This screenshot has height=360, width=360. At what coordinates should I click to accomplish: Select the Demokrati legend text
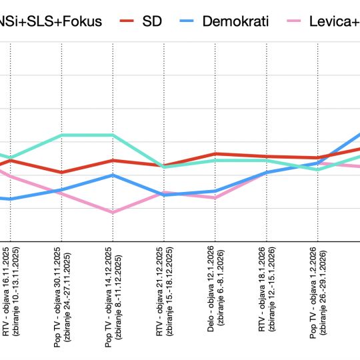tap(237, 21)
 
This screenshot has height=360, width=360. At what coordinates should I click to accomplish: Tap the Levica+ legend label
tap(334, 21)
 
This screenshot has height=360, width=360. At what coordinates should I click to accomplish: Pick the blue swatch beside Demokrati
tap(189, 21)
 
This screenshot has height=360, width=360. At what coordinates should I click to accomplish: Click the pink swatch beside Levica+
tap(291, 21)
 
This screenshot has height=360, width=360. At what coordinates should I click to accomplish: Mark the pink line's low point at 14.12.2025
tap(113, 213)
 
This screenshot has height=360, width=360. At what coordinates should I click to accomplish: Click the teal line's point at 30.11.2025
tap(61, 135)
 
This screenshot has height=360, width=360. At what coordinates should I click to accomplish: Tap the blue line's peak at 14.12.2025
tap(113, 175)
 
